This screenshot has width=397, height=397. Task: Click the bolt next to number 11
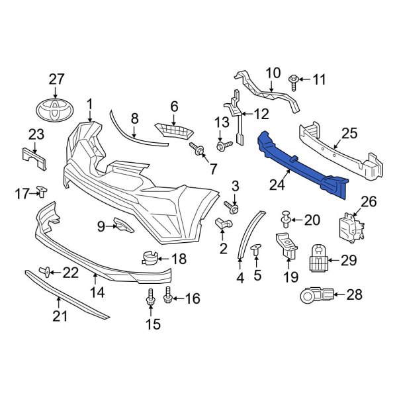(x=294, y=81)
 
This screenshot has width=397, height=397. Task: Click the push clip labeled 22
(x=46, y=271)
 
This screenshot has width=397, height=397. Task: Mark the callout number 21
(x=60, y=317)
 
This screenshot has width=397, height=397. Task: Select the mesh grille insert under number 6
(x=171, y=129)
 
